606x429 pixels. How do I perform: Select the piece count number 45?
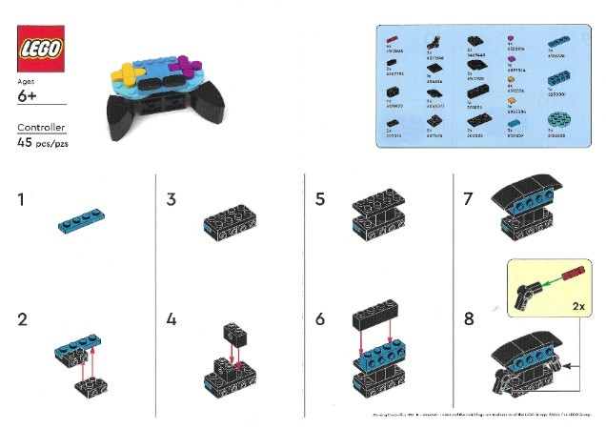pyautogui.click(x=26, y=142)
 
